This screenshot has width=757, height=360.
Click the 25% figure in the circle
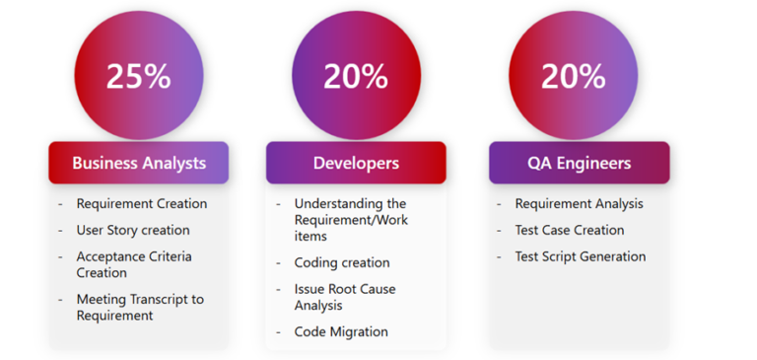[139, 76]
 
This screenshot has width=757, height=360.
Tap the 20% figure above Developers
[355, 76]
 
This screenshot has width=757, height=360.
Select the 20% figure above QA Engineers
[573, 76]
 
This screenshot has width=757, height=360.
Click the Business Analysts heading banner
[139, 163]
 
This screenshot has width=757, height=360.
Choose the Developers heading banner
[356, 163]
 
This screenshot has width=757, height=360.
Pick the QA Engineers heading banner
[579, 163]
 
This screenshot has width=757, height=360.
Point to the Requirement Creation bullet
[142, 204]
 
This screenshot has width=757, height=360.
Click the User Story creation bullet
[133, 230]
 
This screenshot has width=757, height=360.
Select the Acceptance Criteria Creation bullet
[134, 264]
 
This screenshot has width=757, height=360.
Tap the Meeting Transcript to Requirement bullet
[140, 307]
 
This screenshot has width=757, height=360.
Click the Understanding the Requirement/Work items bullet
[350, 220]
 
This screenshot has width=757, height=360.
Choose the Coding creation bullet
[341, 263]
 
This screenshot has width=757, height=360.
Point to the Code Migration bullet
[341, 332]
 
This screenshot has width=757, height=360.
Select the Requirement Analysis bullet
[579, 204]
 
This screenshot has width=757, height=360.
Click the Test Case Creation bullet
[570, 230]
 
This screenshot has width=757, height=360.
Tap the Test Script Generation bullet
[581, 256]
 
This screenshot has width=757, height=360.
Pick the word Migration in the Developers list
[359, 332]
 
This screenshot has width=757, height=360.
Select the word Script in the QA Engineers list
[563, 256]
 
